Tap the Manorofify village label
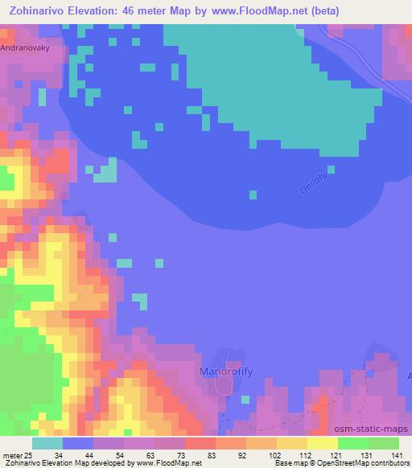(226, 372)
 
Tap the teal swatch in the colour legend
(47, 444)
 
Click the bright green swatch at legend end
(383, 444)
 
